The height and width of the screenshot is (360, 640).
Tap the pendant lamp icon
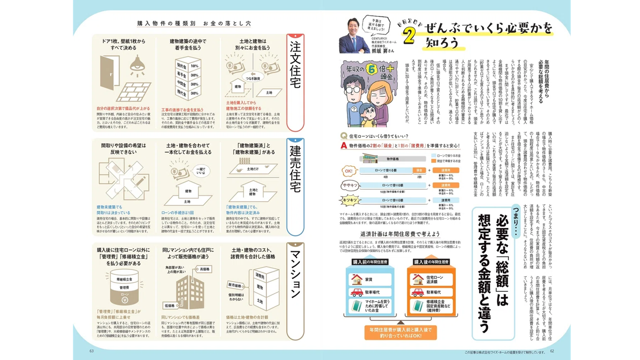click(x=137, y=66)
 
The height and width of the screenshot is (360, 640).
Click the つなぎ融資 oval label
click(x=253, y=79)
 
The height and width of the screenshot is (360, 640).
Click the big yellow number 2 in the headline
click(x=409, y=36)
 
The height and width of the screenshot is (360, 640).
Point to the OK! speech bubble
click(x=349, y=171)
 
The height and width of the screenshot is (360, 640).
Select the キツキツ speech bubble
click(x=350, y=200)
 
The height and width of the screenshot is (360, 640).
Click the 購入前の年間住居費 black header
click(x=370, y=262)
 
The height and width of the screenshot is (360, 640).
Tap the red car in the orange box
click(x=417, y=293)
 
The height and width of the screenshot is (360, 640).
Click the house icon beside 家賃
click(x=357, y=279)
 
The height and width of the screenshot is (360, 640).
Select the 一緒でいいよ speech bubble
click(x=201, y=171)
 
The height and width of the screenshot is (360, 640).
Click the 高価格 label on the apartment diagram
click(x=205, y=269)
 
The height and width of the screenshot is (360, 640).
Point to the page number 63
click(x=92, y=351)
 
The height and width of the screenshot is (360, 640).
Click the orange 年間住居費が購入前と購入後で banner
click(x=400, y=332)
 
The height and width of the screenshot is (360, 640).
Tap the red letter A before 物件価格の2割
click(x=344, y=146)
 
